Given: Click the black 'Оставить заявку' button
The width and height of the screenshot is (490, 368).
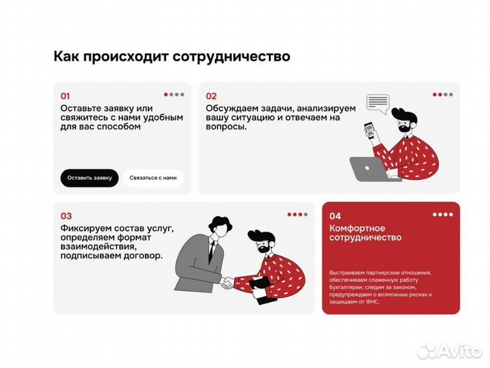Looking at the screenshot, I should pos(89,178).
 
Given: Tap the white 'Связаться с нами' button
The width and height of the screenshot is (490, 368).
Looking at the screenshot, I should pos(152,178).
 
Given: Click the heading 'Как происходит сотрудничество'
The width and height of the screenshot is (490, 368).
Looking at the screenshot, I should pos(171,57).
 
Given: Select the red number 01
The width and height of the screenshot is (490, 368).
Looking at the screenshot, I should pos(65,96).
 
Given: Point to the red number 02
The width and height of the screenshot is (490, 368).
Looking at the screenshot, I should pos(211,96).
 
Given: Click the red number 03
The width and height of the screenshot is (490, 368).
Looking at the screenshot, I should pos(66,216).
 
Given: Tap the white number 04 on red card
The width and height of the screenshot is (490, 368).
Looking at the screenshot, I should pos(335,216).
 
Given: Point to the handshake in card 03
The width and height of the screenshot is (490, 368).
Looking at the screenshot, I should pos(227,280).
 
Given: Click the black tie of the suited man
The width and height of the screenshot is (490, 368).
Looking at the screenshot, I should pos(212,253).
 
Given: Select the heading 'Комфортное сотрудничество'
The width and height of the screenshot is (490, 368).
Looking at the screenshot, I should pos(365,233).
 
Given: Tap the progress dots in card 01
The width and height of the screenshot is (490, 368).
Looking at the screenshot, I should pos(174,95).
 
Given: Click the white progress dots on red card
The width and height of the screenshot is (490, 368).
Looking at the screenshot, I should pos(443,215).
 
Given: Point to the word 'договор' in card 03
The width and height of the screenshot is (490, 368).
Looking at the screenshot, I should pos(143,256).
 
